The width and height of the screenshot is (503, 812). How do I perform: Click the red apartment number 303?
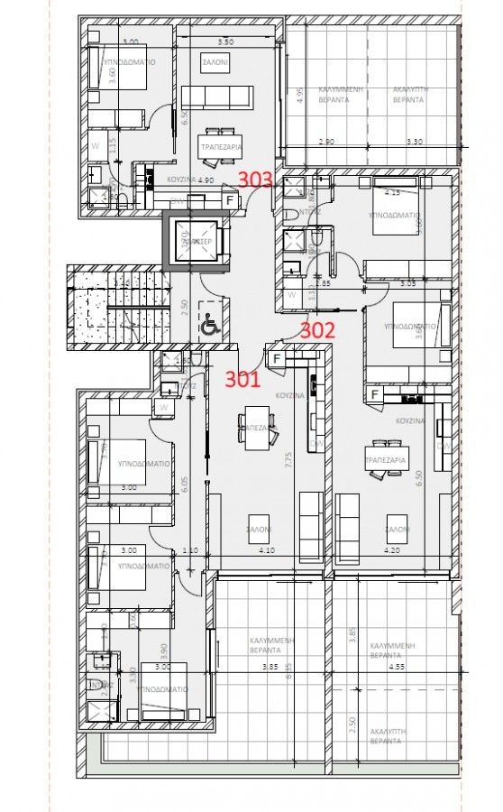point(255,180)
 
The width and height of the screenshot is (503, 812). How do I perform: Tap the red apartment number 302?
point(317,330)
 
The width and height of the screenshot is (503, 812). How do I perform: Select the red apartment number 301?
point(242,380)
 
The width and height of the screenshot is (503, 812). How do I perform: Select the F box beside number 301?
point(276,358)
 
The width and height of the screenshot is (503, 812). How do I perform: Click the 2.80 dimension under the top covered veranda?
point(326,142)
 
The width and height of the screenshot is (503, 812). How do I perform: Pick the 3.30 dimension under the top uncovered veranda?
point(414,142)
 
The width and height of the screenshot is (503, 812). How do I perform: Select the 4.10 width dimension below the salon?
point(267,549)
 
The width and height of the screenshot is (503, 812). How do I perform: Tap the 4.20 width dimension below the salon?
point(392,549)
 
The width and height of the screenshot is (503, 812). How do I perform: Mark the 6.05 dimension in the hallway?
point(183,485)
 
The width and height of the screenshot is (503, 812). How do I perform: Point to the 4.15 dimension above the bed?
point(393,192)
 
